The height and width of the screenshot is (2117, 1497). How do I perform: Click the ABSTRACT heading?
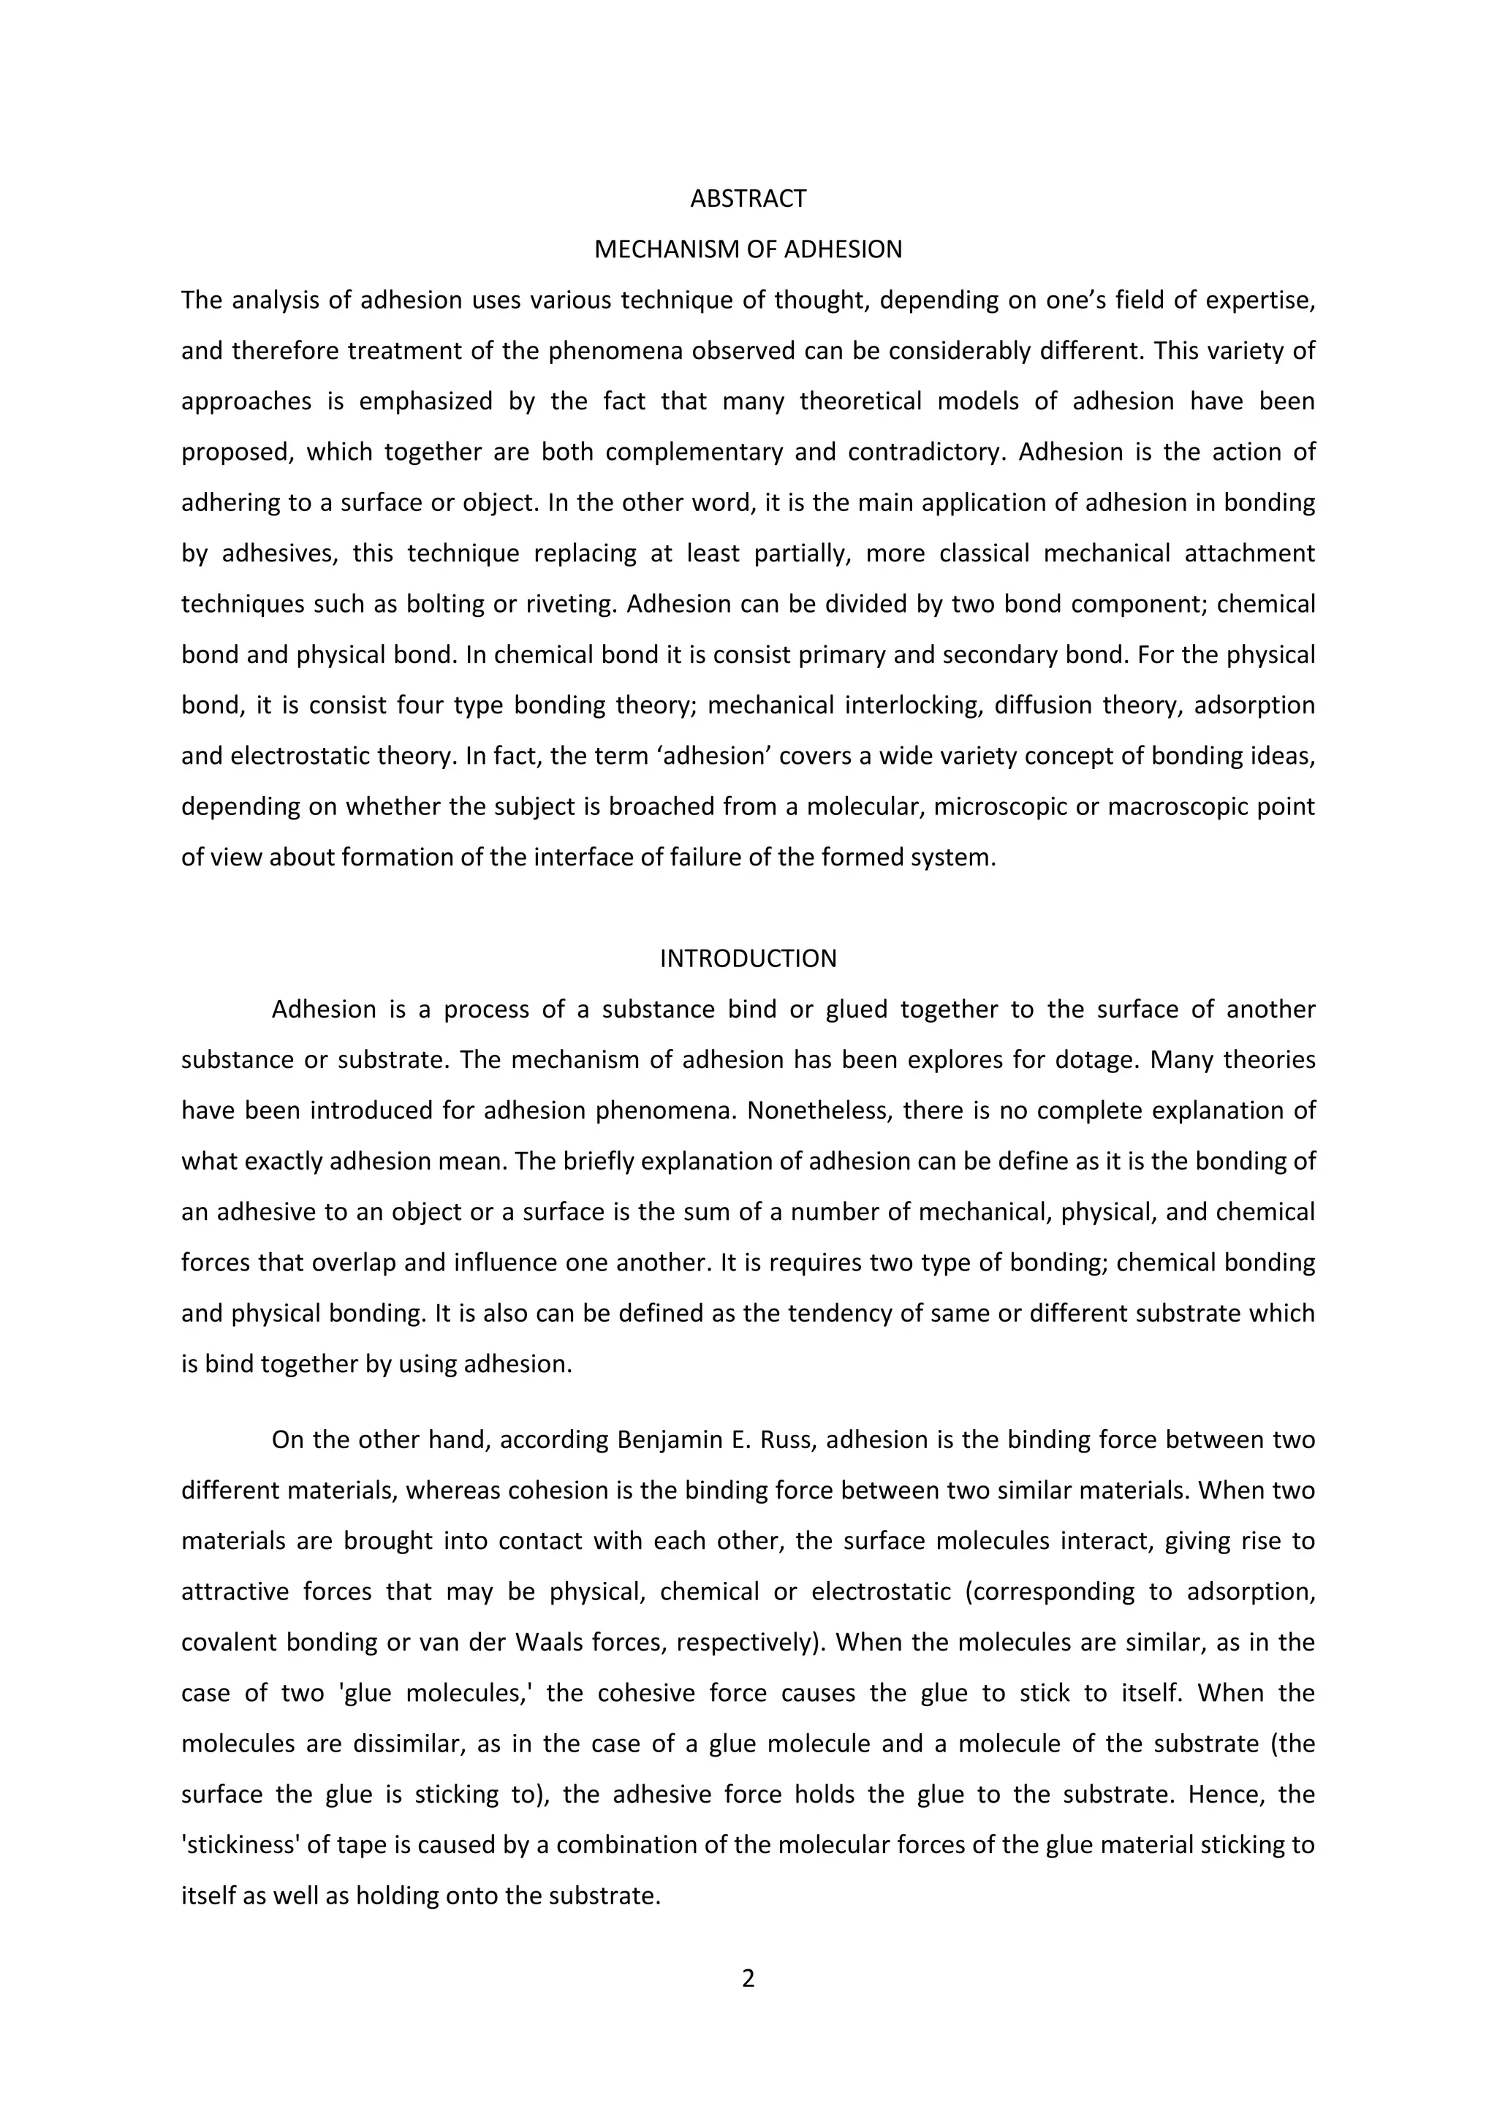coord(748,198)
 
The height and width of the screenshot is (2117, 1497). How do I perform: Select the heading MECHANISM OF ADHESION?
coord(748,249)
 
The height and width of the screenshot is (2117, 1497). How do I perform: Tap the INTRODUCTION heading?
coord(748,958)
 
